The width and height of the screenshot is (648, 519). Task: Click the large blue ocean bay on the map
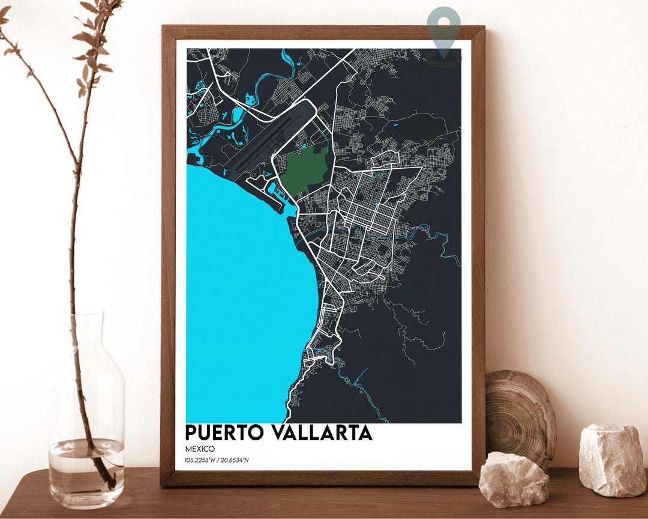tap(240, 288)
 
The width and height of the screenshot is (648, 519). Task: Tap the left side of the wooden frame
tap(168, 252)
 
